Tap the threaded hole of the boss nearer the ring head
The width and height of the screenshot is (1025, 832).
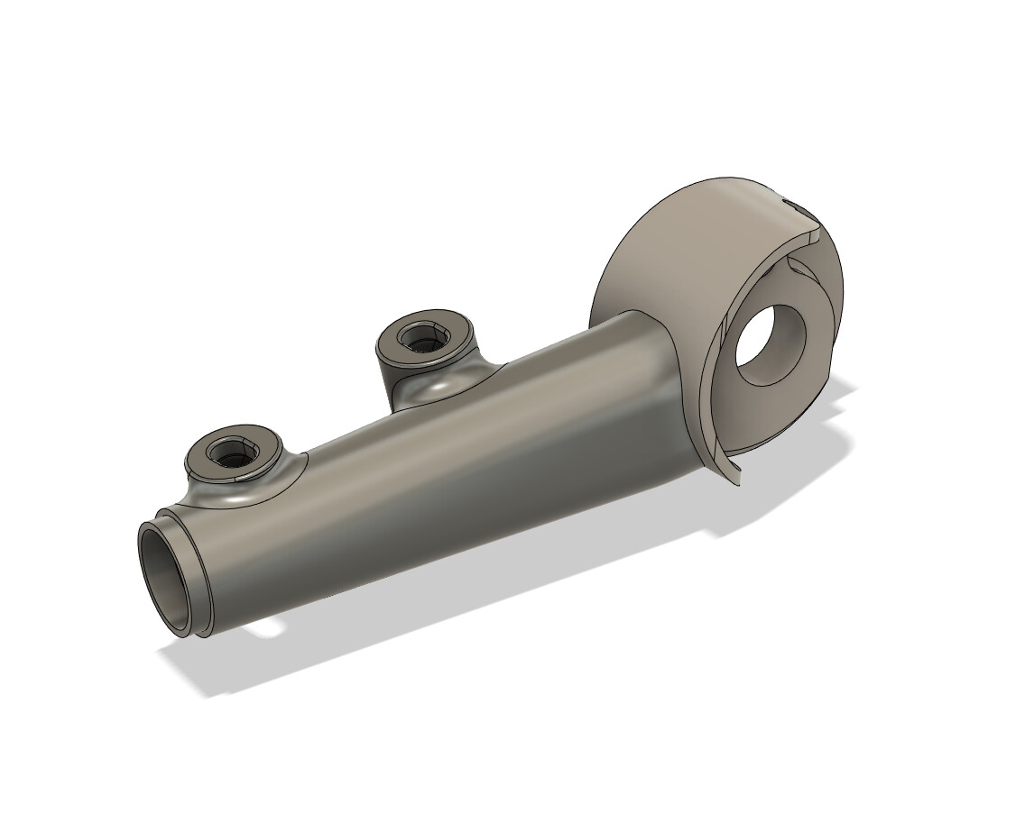pos(419,338)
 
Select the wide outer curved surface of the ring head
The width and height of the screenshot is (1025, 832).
pos(668,243)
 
